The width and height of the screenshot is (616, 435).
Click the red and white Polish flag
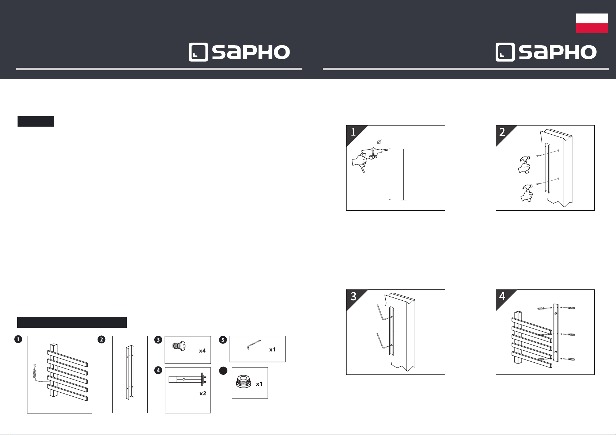(x=592, y=23)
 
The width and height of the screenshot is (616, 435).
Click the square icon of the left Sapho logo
(x=198, y=52)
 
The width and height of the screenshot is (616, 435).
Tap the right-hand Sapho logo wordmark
(x=558, y=53)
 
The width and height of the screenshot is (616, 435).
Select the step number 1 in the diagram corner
(x=353, y=132)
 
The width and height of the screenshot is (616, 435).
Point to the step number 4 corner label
(x=502, y=296)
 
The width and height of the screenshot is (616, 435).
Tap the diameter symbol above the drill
(x=379, y=141)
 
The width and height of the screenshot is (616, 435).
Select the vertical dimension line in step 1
(x=403, y=174)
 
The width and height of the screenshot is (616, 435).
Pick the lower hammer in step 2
(x=526, y=193)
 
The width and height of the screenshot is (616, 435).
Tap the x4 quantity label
(x=202, y=351)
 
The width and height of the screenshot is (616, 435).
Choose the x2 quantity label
(x=203, y=393)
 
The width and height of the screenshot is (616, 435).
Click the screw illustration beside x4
(x=179, y=345)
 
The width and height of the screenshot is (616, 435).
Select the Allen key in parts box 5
(x=254, y=344)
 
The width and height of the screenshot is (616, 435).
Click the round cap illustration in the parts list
(x=243, y=382)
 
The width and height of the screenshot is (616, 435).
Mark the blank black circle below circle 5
(x=223, y=371)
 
